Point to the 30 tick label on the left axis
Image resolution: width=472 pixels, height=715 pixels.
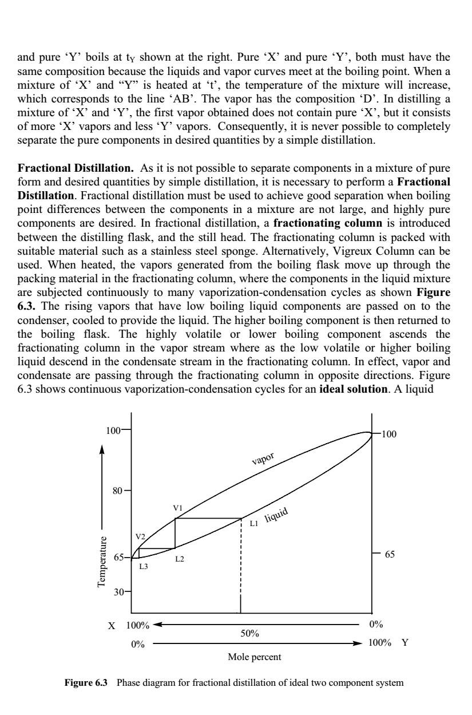click(x=118, y=592)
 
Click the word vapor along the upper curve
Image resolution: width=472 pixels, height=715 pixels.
click(x=263, y=458)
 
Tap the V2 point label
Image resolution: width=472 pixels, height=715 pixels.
click(x=140, y=536)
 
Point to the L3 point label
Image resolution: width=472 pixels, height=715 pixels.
click(x=143, y=566)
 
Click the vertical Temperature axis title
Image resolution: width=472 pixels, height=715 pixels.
click(x=102, y=562)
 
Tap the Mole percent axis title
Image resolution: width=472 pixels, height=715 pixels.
click(x=254, y=657)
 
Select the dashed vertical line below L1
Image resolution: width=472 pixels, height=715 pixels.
click(x=241, y=561)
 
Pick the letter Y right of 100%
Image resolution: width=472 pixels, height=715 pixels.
click(x=405, y=643)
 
